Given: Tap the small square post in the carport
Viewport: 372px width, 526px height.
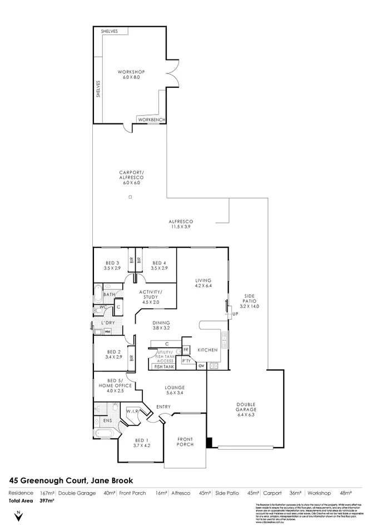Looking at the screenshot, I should pos(130,197).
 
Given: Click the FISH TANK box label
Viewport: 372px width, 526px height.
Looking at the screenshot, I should pos(164,367).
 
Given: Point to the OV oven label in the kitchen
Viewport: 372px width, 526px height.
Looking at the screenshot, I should pos(201,365).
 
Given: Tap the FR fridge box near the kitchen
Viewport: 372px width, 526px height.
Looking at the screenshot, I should pos(186,350).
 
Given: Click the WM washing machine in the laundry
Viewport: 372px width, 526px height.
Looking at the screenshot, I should pos(107,332).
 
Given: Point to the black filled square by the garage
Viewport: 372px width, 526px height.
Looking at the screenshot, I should pos(209,443).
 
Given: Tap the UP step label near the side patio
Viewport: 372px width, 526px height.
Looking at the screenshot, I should pos(235,314).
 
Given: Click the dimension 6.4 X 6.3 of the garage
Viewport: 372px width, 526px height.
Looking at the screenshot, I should pos(245,414).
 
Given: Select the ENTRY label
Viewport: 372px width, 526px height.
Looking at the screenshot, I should pos(163,407).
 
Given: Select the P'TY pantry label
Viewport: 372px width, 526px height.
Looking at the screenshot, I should pos(186,361).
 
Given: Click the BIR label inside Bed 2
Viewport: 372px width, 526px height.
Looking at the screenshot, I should pos(132,358).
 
